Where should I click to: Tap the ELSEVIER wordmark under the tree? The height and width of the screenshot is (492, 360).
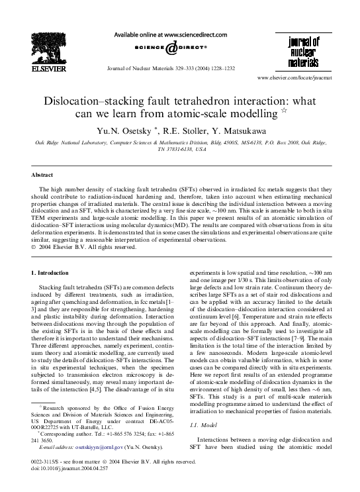(43, 66)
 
